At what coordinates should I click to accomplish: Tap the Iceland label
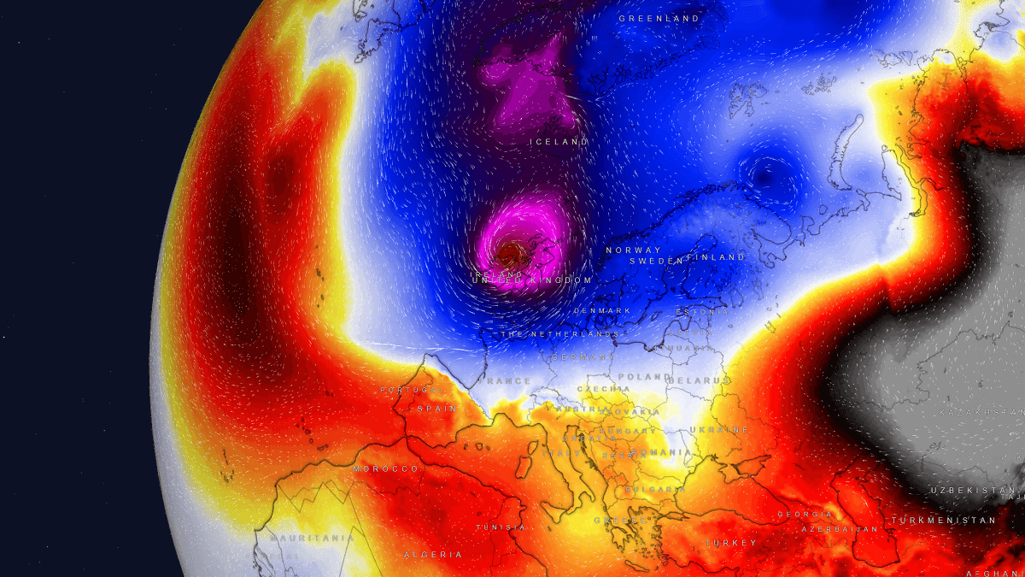[559, 142]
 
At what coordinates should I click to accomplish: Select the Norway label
[633, 250]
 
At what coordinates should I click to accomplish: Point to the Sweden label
[657, 260]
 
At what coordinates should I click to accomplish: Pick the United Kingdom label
[531, 280]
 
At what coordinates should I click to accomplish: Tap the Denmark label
[602, 310]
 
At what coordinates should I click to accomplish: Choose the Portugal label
[413, 390]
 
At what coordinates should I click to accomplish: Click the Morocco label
[386, 469]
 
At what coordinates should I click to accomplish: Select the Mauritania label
[312, 539]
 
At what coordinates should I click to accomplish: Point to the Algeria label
[433, 555]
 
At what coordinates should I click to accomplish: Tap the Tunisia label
[501, 527]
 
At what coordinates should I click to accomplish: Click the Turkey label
[731, 543]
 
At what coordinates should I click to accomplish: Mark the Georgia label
[805, 515]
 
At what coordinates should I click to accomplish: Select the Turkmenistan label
[943, 520]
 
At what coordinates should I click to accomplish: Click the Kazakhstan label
[981, 413]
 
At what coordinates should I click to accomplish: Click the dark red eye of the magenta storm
[514, 250]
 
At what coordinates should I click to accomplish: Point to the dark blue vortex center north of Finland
[763, 175]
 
